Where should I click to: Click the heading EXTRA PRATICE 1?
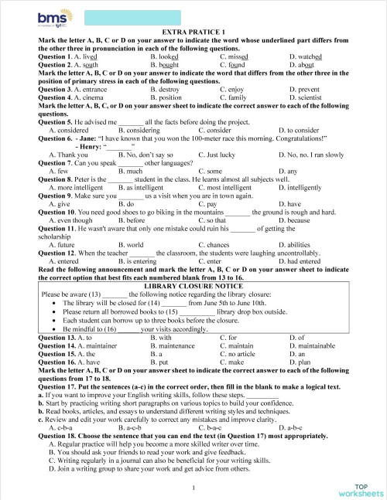pyautogui.click(x=193, y=30)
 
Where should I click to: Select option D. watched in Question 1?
pyautogui.click(x=305, y=57)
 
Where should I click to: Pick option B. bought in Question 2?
pyautogui.click(x=168, y=66)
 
